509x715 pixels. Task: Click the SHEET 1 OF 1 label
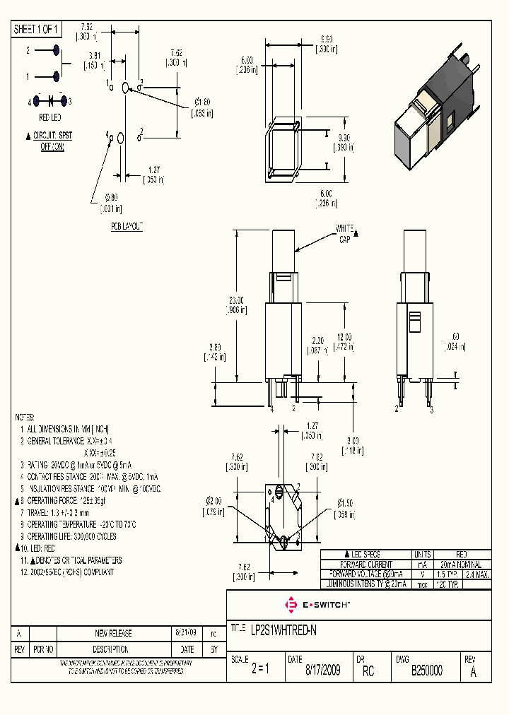pyautogui.click(x=37, y=29)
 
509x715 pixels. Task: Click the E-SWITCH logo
pyautogui.click(x=317, y=605)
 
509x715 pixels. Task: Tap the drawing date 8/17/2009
pyautogui.click(x=322, y=670)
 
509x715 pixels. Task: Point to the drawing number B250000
pyautogui.click(x=427, y=670)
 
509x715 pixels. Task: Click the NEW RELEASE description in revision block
pyautogui.click(x=113, y=633)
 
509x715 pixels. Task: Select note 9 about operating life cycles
pyautogui.click(x=67, y=536)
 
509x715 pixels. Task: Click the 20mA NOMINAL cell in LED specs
pyautogui.click(x=461, y=565)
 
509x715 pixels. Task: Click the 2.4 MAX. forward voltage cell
pyautogui.click(x=479, y=574)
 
